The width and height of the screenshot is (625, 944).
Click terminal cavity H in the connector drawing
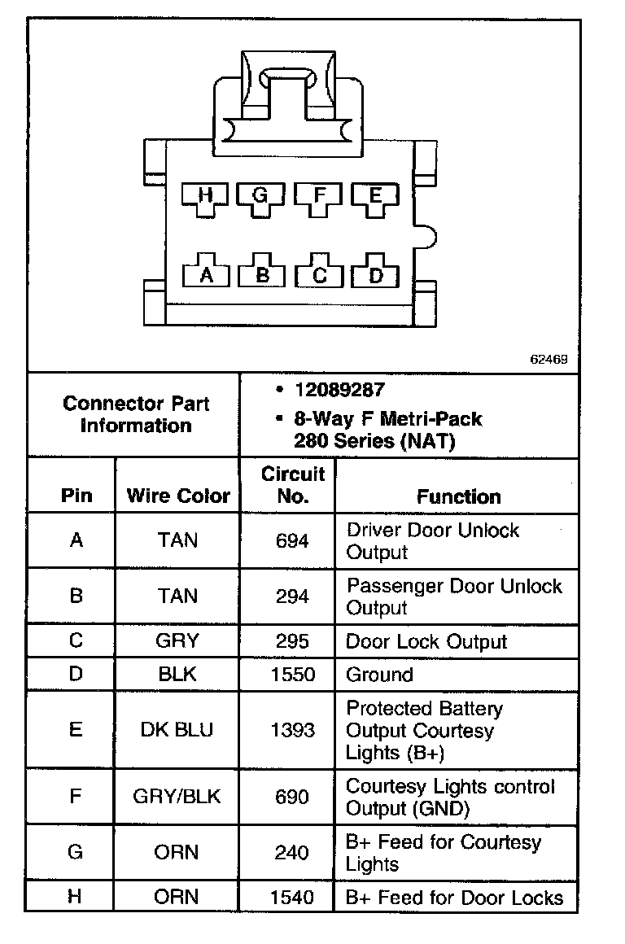205,195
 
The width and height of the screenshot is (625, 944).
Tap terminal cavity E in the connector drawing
375,195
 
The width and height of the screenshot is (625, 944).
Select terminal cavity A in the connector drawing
206,275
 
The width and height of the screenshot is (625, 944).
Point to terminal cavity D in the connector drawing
375,275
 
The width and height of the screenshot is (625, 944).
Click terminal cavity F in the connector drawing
319,195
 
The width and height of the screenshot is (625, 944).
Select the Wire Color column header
178,496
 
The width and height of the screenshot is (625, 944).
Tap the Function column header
459,496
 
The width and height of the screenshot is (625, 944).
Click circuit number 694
292,540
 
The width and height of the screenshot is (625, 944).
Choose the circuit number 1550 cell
292,675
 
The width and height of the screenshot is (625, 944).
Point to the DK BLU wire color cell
177,729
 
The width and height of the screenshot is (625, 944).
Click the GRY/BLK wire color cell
177,796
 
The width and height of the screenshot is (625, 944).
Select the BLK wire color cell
177,675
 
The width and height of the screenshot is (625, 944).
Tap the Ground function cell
379,675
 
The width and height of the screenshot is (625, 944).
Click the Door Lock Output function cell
426,641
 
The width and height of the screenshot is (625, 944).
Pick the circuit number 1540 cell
292,898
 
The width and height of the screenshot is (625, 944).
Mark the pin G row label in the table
75,852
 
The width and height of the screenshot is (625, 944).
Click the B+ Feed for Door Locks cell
454,898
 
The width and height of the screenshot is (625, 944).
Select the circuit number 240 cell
292,852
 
